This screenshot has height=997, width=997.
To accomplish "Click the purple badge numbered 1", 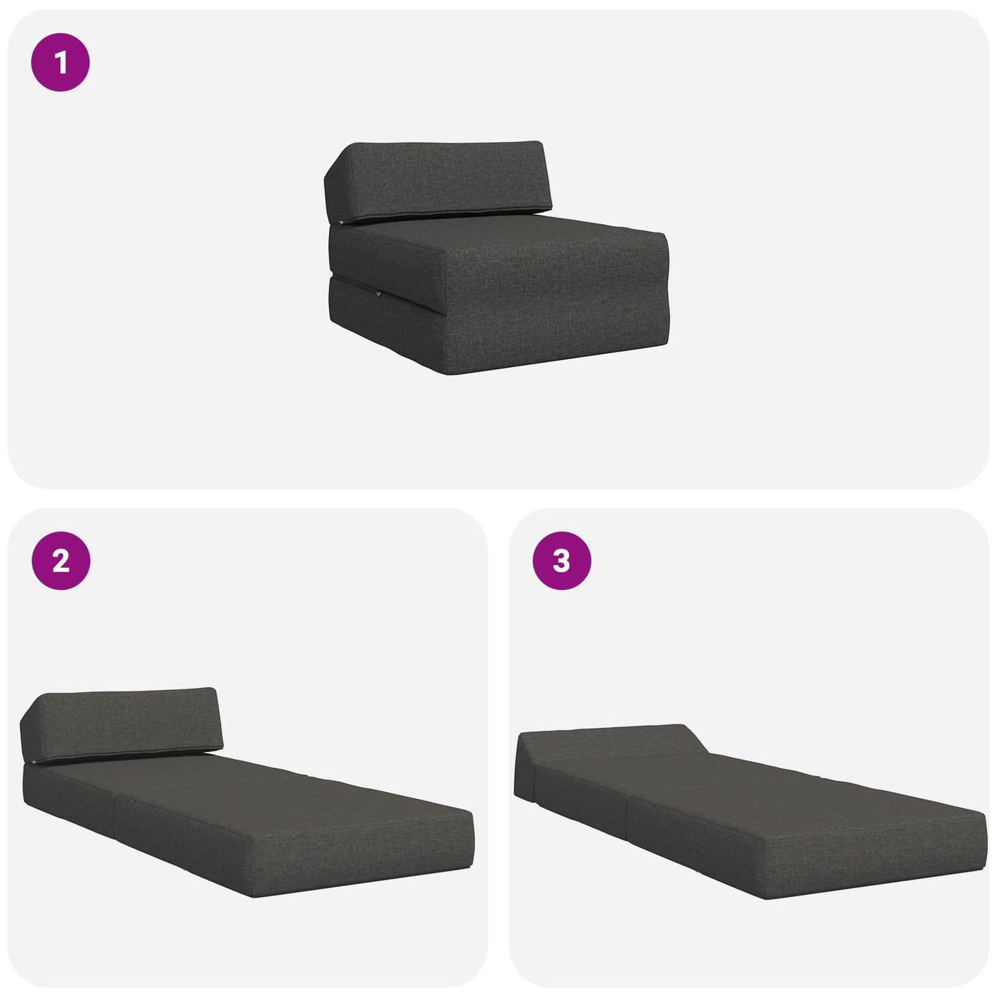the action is (x=60, y=62).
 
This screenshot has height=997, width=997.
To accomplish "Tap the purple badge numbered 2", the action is (x=61, y=560).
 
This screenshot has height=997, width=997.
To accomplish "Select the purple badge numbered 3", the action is (x=562, y=560).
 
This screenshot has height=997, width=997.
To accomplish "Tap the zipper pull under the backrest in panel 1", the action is (x=340, y=223).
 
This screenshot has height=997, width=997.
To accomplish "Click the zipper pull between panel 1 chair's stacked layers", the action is (x=379, y=295).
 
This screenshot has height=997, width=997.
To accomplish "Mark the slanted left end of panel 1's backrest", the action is (x=336, y=181).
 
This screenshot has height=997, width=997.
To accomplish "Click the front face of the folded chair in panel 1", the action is (x=557, y=304).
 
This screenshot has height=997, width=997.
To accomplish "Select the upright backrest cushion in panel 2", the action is (x=121, y=725).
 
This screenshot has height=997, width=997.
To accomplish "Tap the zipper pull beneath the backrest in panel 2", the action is (x=33, y=762).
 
